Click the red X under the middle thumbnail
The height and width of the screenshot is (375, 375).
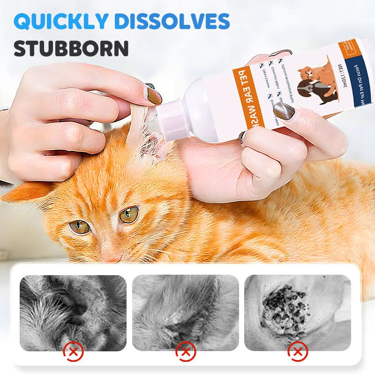point(186,351)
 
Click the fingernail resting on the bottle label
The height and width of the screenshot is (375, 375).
point(284,111)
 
